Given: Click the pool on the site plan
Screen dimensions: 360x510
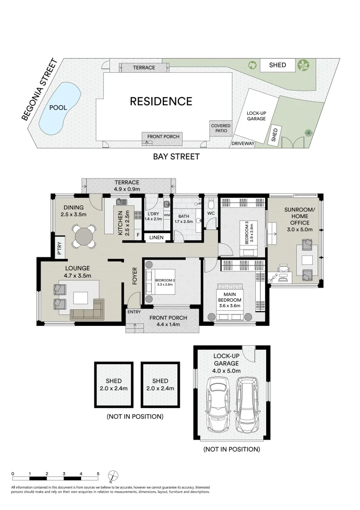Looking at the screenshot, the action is click(x=59, y=108).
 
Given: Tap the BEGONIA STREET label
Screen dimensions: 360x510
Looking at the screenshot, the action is click(x=40, y=90).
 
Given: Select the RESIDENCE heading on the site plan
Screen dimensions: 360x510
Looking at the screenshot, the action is click(x=161, y=101).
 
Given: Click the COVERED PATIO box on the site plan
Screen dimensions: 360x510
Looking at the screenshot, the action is click(x=221, y=128).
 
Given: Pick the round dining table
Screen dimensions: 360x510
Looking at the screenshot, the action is click(x=84, y=235).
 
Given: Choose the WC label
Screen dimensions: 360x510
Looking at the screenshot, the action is click(x=210, y=213).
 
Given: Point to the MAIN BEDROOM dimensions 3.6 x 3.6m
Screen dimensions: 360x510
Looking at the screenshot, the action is click(x=229, y=306).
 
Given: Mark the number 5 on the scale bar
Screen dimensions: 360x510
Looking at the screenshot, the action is click(x=98, y=473).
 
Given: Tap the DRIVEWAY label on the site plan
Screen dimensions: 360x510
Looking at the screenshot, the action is click(x=243, y=143).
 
